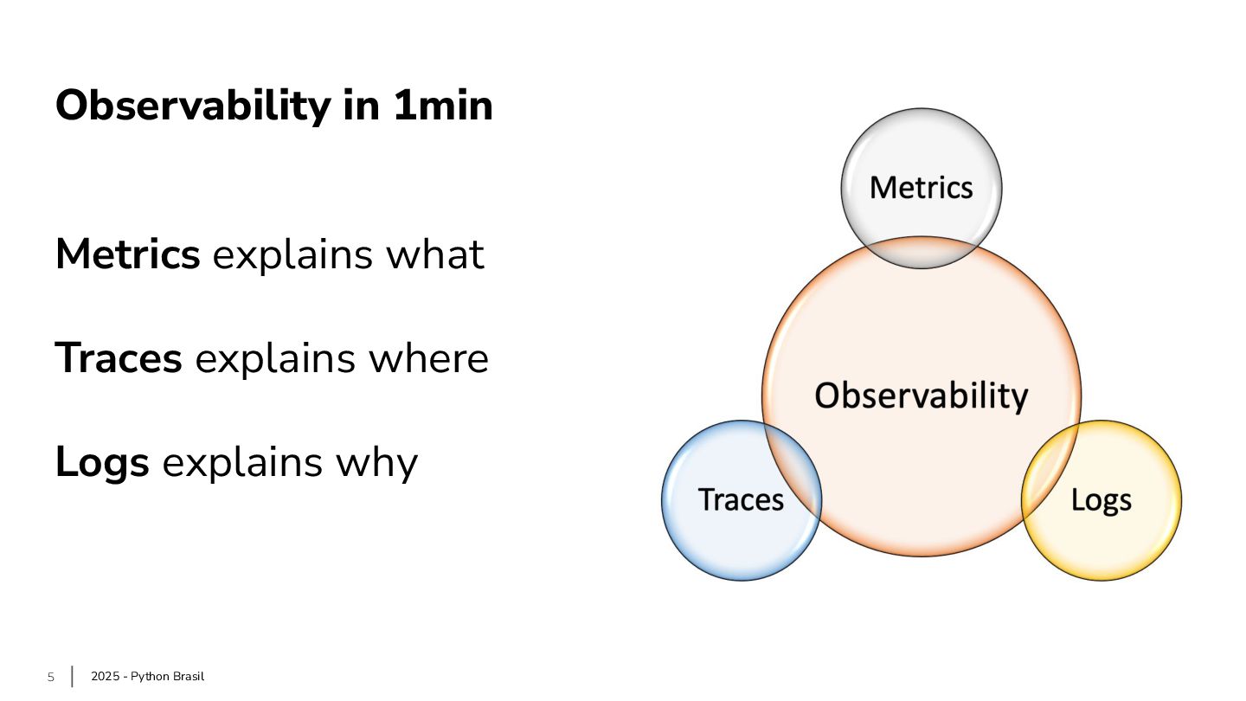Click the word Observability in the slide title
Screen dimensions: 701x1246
(x=193, y=106)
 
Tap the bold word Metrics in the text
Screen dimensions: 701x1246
(x=127, y=254)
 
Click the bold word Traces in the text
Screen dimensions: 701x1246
(x=119, y=358)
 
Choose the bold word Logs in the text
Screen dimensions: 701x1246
(x=102, y=462)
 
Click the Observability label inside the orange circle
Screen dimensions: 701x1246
(x=921, y=396)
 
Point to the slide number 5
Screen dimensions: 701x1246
(x=50, y=677)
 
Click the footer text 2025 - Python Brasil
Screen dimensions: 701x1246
(x=147, y=677)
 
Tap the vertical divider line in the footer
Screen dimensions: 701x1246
(x=72, y=676)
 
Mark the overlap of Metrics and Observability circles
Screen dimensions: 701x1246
(x=921, y=252)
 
